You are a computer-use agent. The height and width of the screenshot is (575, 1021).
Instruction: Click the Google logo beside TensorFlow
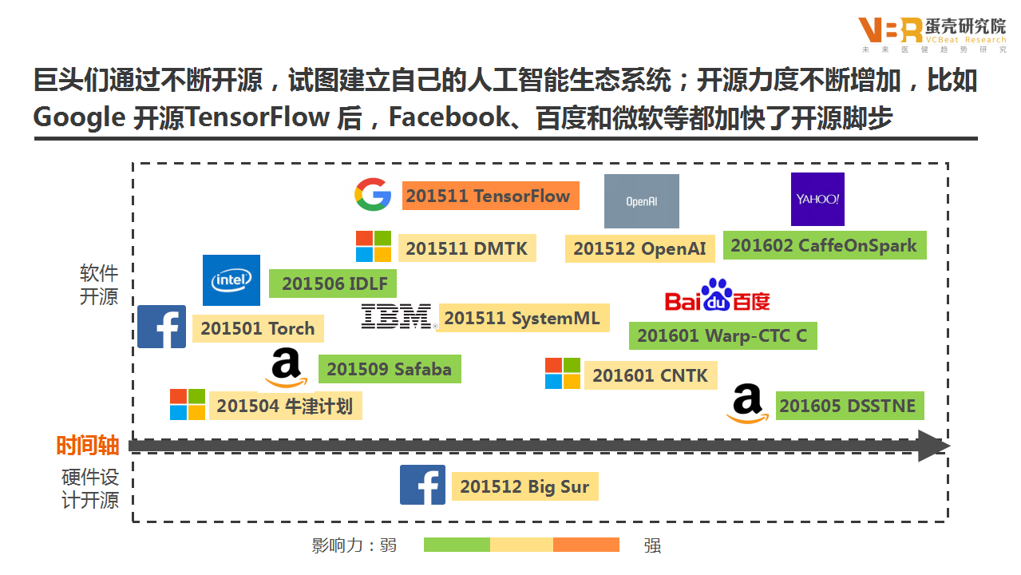coord(373,195)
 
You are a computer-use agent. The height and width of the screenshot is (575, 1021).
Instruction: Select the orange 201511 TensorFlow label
coord(488,196)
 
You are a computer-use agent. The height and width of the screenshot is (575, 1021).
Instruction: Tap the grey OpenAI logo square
coord(641,201)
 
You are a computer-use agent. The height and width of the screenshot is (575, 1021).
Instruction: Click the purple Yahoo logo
coord(817,199)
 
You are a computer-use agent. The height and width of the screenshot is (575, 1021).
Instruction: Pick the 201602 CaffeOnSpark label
coord(824,246)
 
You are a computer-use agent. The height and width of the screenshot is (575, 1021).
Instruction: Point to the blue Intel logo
coord(232,280)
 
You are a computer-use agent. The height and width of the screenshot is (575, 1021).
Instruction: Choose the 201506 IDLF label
coord(332,284)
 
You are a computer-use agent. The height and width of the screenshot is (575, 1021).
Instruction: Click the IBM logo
coord(397,317)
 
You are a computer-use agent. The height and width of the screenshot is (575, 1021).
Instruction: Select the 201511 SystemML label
coord(522,318)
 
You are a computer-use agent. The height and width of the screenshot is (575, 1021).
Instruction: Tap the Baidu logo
coord(717,296)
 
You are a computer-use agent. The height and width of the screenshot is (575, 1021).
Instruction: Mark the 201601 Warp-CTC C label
coord(722,336)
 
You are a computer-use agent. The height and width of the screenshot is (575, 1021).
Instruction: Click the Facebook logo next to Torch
coord(162,327)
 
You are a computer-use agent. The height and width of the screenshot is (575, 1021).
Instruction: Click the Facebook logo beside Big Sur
coord(422,486)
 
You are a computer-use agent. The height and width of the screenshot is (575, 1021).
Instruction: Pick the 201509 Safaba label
coord(389,369)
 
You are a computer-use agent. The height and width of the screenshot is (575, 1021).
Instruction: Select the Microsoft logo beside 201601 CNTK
coord(563,374)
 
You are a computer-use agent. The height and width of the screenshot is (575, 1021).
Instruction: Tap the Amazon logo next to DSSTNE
coord(747,403)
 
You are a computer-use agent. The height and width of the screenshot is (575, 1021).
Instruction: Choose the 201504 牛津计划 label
coord(284,406)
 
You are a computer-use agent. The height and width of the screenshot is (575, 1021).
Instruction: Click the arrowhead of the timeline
coord(932,446)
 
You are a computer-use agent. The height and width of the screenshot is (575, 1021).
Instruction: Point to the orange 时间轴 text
coord(88,446)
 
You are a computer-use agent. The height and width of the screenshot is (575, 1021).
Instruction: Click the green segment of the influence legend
coord(457,545)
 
